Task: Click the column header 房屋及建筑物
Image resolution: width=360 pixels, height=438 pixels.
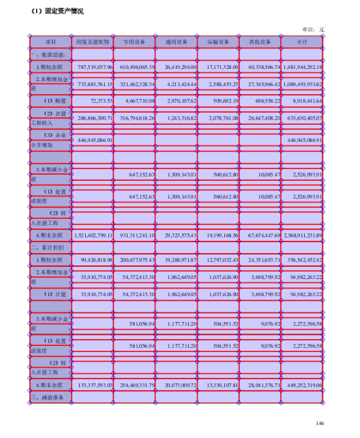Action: pyautogui.click(x=92, y=42)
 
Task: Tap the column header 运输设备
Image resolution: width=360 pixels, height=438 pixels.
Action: pyautogui.click(x=220, y=42)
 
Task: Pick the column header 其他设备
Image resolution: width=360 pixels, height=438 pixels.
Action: pyautogui.click(x=260, y=42)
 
